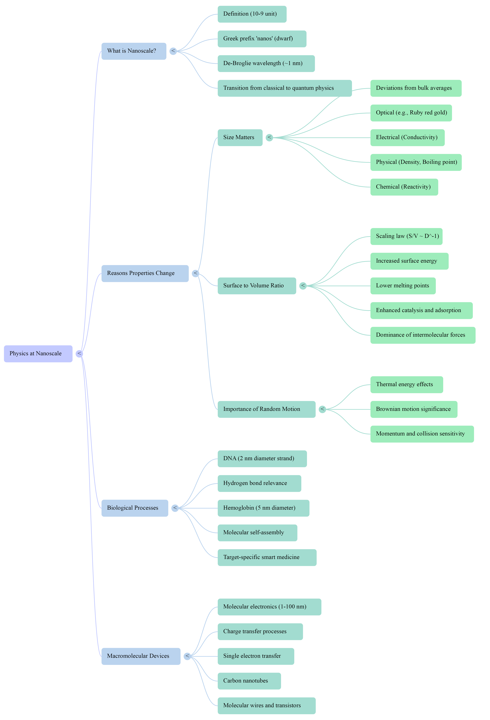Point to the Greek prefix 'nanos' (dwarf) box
click(262, 39)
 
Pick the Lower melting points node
click(403, 286)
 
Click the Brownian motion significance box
click(414, 409)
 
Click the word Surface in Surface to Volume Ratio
click(233, 286)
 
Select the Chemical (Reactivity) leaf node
click(404, 187)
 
